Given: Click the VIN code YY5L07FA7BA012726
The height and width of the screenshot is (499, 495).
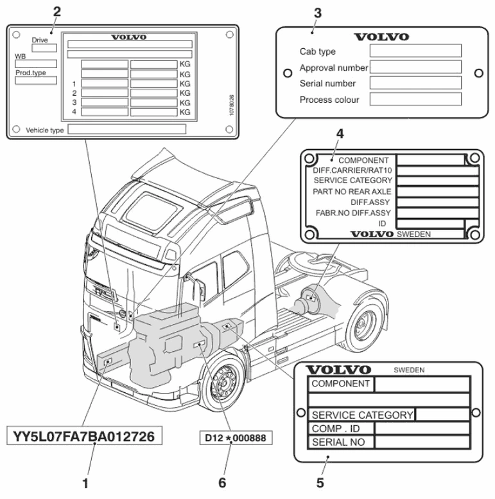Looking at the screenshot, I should tap(84, 437).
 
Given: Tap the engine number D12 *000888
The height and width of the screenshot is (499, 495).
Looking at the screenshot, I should tap(235, 437).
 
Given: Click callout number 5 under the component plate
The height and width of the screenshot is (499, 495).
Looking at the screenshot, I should tap(320, 480).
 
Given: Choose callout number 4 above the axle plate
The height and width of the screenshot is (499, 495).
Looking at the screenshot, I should tap(340, 134).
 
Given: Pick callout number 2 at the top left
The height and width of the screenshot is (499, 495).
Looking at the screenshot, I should tap(57, 11).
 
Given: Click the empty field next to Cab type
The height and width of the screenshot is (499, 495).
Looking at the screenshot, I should tap(416, 51).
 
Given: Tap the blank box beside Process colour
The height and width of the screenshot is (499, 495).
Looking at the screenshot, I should tap(416, 99).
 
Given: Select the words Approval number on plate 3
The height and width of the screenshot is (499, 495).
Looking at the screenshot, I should tap(333, 68).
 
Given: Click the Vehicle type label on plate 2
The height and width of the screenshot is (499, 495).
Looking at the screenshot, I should tap(44, 129).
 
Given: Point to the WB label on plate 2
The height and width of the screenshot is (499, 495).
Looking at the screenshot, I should tap(20, 57).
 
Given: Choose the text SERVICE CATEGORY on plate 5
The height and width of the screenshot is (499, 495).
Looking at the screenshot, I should tap(361, 415).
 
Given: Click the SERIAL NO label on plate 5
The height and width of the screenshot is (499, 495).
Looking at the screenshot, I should tap(338, 442).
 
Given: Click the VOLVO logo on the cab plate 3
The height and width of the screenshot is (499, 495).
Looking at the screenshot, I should tap(381, 37).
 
